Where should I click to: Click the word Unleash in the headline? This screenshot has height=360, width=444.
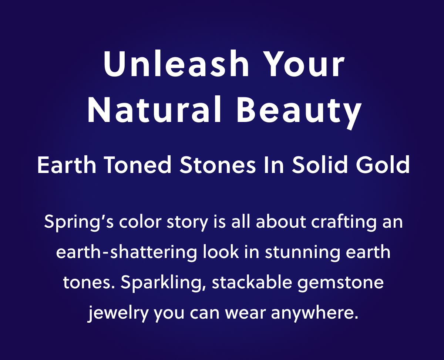tap(176, 64)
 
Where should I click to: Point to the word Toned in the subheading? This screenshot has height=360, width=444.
tap(138, 165)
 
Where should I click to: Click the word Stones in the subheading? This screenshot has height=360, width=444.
tap(218, 165)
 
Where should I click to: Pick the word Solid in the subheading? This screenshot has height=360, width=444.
tap(320, 164)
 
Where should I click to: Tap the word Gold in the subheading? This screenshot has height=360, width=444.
tap(383, 164)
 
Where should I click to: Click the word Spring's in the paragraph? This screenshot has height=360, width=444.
tap(79, 223)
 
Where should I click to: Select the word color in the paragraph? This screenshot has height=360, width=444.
tap(140, 221)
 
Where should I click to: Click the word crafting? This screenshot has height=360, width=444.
tap(344, 223)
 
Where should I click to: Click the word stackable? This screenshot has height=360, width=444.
tap(252, 282)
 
